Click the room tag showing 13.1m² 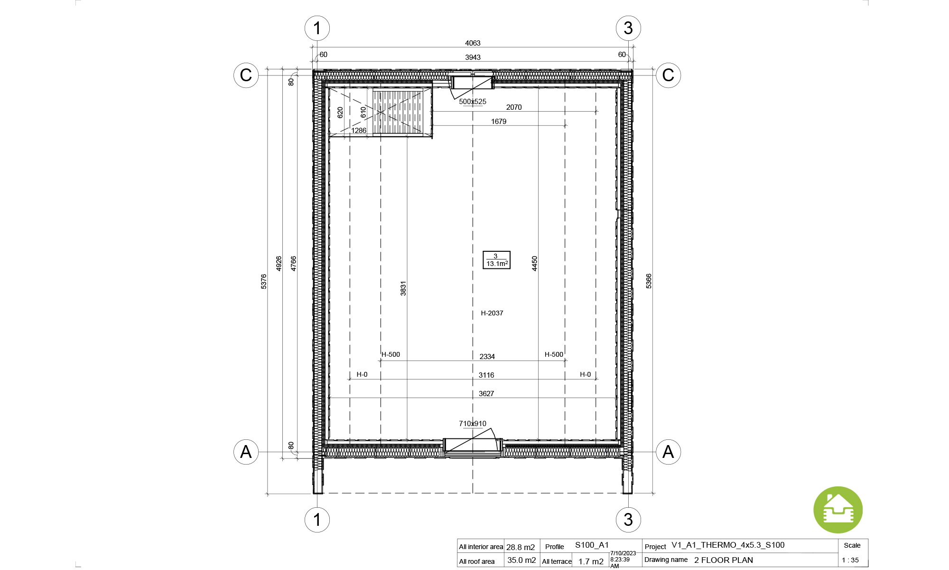point(496,260)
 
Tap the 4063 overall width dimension point(473,43)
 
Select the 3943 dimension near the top point(473,57)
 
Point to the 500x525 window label point(473,102)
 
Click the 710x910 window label point(473,424)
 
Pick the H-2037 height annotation point(492,313)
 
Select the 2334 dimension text point(487,357)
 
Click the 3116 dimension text point(486,375)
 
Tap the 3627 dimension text point(486,394)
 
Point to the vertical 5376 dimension point(264,281)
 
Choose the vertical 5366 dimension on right point(649,281)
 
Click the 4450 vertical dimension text point(535,264)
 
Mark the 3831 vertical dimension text point(403,289)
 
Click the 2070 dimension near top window point(514,107)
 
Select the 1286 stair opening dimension point(359,131)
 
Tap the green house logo point(838,510)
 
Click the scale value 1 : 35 point(850,560)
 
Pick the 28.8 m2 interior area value point(521,547)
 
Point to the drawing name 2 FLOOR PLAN point(724,560)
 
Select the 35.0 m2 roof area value point(521,560)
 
